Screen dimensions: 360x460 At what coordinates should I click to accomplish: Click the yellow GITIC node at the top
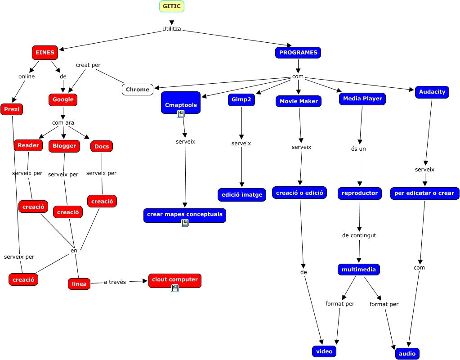point(172,6)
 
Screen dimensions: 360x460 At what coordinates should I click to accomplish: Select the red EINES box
point(45,53)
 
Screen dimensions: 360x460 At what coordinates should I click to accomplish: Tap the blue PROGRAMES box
point(298,53)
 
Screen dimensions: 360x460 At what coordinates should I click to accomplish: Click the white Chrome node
point(137,90)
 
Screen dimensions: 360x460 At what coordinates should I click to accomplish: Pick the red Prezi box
point(12,109)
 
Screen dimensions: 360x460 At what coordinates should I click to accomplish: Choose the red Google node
point(63,99)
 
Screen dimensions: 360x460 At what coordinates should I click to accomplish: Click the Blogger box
point(64,146)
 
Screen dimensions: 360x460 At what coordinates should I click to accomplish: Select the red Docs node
point(102,146)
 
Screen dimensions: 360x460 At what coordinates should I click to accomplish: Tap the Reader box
point(28,145)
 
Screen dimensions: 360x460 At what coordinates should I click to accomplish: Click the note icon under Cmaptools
point(181,114)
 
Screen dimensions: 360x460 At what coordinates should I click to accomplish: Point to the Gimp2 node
point(241,100)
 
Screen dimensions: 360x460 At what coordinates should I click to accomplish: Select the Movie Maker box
point(299,101)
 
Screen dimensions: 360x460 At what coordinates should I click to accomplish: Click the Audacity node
point(432,92)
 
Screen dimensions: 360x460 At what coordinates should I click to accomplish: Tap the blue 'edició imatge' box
point(241,194)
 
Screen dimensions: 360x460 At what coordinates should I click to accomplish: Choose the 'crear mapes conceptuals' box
point(184,215)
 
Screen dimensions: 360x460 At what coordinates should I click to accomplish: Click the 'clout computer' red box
point(174,280)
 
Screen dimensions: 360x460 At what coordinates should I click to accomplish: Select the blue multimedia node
point(358,270)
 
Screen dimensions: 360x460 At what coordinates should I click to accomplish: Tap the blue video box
point(324,351)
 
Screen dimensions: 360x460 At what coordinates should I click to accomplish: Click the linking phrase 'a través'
point(115,282)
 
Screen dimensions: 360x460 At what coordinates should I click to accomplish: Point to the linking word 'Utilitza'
point(171,29)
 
